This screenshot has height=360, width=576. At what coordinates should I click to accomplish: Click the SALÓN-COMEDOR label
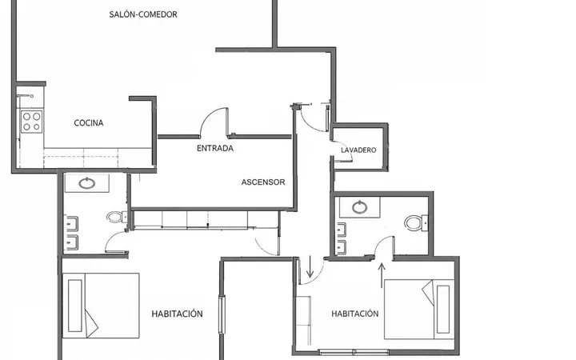(x=143, y=14)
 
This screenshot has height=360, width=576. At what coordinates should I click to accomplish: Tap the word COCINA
(x=89, y=123)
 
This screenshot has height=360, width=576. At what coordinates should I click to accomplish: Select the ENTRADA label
(x=215, y=149)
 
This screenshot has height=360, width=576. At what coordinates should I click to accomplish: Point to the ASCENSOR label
(x=263, y=182)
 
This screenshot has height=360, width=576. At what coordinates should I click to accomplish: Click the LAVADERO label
(x=358, y=150)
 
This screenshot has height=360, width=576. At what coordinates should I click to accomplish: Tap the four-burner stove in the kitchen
(x=31, y=122)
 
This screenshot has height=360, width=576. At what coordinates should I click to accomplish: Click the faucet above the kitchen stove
(x=25, y=96)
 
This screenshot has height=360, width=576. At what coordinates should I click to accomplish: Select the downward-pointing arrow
(x=310, y=267)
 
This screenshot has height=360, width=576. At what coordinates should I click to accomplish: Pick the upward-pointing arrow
(x=382, y=275)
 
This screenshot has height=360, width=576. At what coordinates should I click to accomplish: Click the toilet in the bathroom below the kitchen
(x=117, y=217)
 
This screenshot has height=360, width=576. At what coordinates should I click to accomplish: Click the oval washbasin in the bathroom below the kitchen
(x=87, y=183)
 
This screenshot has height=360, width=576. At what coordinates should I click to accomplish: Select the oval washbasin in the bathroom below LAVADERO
(x=360, y=207)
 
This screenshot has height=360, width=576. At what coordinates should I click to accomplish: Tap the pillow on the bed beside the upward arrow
(x=443, y=310)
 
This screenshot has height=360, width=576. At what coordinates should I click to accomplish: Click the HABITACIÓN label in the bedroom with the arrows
(x=355, y=314)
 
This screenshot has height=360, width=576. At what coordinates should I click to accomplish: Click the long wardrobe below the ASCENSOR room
(x=206, y=220)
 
